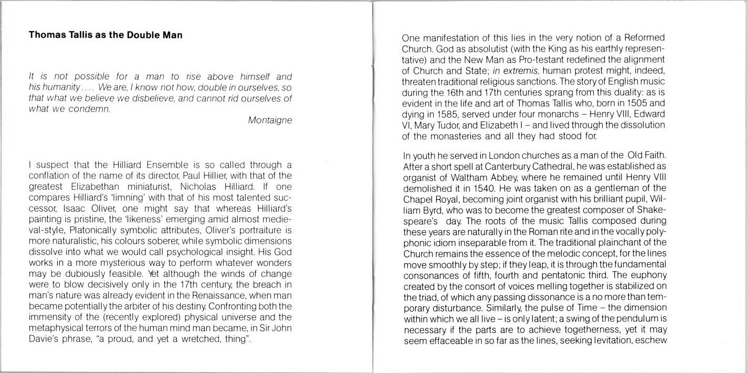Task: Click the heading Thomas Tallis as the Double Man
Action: click(106, 36)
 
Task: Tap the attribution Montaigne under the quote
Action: click(270, 120)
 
